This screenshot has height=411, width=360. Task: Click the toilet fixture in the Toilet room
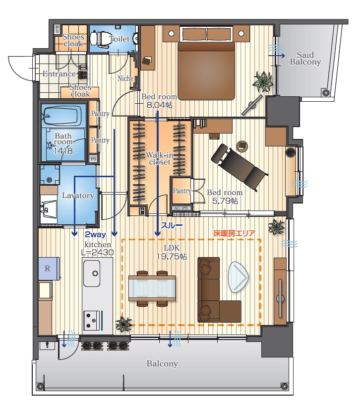tap(99, 39)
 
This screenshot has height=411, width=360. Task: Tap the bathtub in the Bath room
tap(60, 116)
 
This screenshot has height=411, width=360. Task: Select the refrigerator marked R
tap(49, 269)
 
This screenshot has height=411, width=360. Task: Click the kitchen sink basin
tap(92, 274)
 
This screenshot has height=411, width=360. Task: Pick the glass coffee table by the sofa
tap(238, 277)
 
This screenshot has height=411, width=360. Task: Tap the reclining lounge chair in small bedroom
tap(239, 166)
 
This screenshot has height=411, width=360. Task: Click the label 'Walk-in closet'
tap(160, 158)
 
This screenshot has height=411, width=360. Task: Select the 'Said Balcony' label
tap(305, 59)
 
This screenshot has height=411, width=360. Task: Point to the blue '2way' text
tap(95, 235)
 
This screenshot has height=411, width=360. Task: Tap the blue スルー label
tap(172, 225)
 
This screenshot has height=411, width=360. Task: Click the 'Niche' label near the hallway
tap(125, 78)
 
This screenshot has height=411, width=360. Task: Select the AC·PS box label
tap(181, 208)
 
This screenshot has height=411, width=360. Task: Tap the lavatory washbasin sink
tap(49, 209)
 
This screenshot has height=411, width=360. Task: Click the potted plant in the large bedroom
tap(263, 81)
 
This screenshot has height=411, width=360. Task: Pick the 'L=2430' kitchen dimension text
tap(97, 253)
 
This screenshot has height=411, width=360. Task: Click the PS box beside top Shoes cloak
tap(58, 29)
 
